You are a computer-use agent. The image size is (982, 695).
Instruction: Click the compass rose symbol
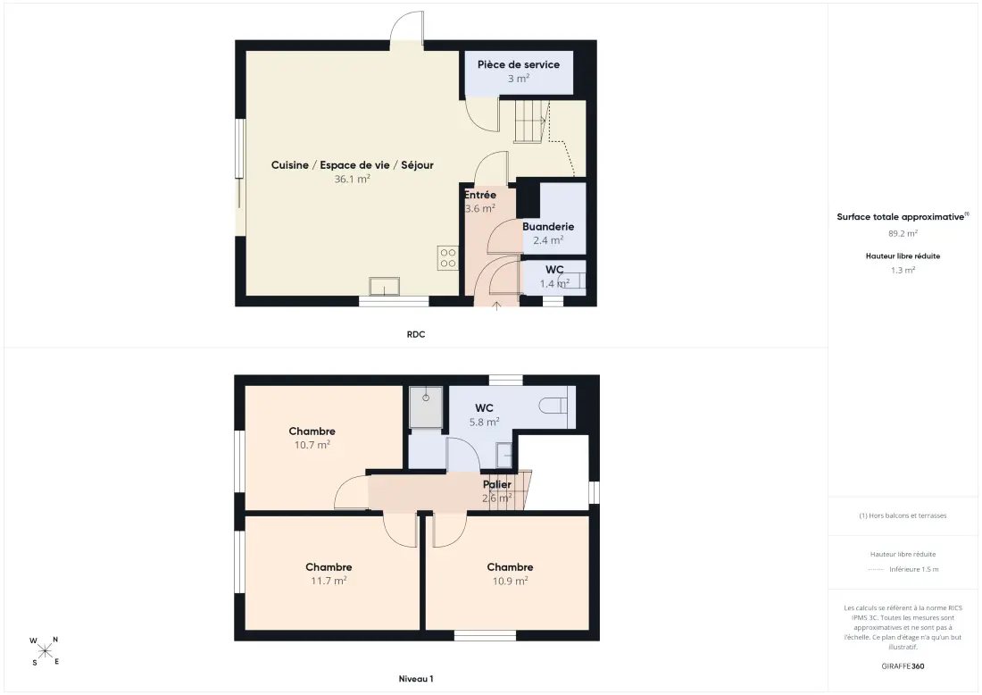[45, 650]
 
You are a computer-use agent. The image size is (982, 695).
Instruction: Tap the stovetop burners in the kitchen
[448, 258]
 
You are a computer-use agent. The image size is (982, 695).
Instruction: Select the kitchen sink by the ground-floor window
[385, 287]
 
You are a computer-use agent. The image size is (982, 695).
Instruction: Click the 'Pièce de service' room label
[519, 64]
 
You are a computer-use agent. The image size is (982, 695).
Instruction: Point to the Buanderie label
[548, 226]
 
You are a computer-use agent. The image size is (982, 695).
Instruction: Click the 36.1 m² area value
[352, 179]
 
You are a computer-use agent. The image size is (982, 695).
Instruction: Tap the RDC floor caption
[416, 335]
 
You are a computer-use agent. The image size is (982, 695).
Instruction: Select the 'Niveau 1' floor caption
[416, 679]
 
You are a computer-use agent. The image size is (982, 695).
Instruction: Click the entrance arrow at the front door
[496, 306]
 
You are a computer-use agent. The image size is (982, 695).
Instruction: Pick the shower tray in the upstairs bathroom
[426, 407]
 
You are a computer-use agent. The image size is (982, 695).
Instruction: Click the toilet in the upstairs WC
[553, 406]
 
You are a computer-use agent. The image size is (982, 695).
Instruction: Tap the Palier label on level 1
[497, 484]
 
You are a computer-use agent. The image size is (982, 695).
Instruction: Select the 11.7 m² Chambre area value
[329, 581]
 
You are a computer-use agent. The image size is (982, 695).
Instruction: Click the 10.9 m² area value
[510, 581]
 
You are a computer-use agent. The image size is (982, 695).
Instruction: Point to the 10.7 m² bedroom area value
[312, 445]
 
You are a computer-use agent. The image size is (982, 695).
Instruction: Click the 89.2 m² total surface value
[903, 233]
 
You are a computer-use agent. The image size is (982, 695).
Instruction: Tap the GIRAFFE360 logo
[903, 666]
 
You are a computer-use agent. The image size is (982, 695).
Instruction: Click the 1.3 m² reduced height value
[903, 270]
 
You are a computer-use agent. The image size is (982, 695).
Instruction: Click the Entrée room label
[479, 195]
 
